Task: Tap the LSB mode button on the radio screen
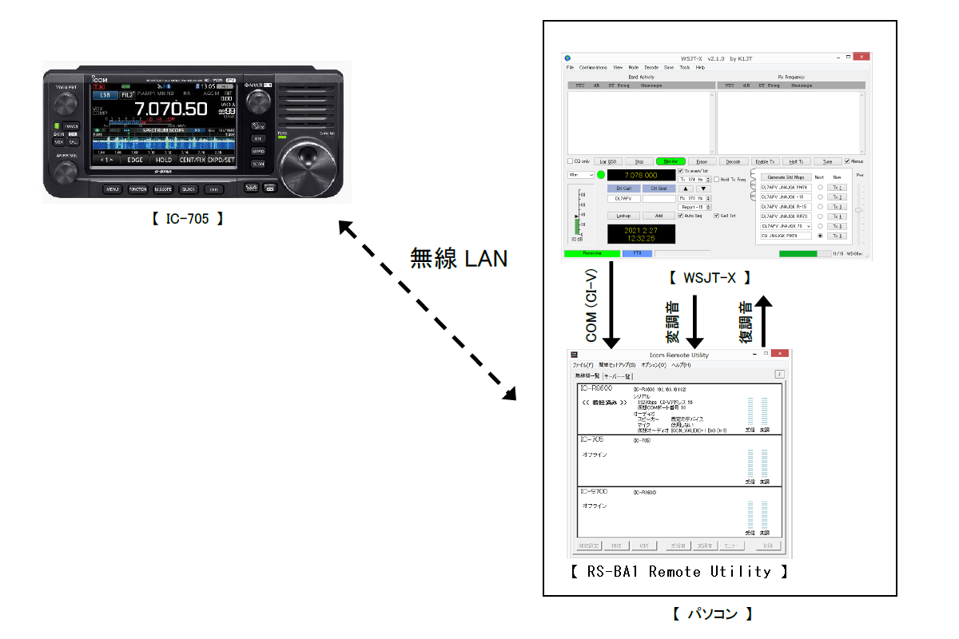[105, 94]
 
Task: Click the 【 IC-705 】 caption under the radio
[187, 219]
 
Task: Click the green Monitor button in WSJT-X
[671, 161]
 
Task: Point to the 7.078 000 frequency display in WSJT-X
[640, 175]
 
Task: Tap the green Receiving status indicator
[591, 253]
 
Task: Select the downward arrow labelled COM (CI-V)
[611, 304]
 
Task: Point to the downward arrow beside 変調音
[694, 320]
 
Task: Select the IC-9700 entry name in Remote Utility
[593, 491]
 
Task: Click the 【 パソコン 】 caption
[711, 614]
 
